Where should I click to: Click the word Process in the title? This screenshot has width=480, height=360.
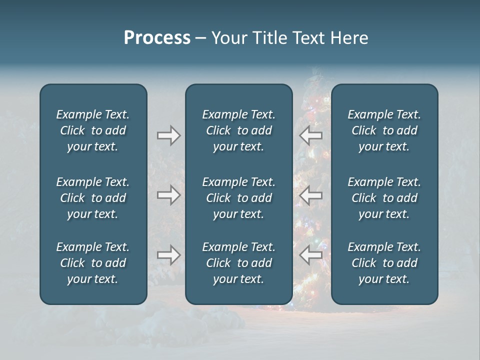[x=157, y=38]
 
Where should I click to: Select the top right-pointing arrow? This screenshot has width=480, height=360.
[x=168, y=135]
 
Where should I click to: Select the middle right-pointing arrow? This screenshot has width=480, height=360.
[x=168, y=195]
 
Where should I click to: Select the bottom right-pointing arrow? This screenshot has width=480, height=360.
[x=168, y=255]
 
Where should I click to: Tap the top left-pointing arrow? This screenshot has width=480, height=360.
[x=310, y=135]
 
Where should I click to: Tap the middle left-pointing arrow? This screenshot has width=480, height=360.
[x=310, y=195]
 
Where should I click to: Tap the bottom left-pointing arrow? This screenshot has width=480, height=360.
[x=310, y=255]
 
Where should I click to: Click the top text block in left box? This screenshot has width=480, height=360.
[x=93, y=130]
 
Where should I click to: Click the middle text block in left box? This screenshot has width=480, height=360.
[x=93, y=198]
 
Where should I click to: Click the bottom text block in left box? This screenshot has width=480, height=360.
[x=93, y=263]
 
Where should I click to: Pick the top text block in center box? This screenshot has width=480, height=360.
[x=238, y=130]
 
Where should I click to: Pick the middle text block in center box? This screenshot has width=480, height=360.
[x=238, y=198]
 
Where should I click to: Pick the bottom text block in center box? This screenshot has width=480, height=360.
[x=238, y=263]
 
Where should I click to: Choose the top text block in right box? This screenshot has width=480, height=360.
[x=384, y=130]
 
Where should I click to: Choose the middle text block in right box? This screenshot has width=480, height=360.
[x=384, y=198]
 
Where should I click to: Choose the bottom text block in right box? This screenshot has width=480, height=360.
[x=384, y=263]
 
